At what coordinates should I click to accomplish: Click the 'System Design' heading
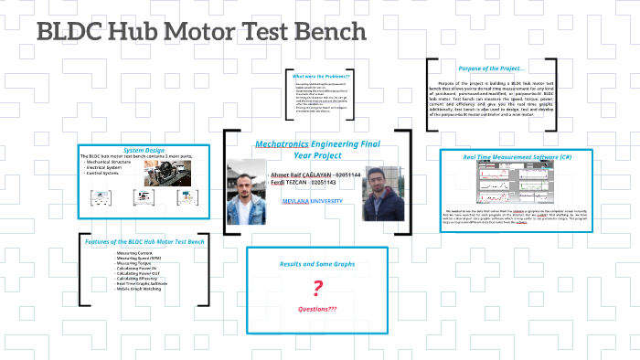click(144, 150)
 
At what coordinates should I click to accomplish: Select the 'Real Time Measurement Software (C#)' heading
click(517, 157)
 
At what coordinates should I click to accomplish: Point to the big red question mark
click(318, 290)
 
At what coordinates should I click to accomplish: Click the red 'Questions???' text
click(318, 310)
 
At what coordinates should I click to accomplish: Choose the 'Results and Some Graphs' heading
click(317, 264)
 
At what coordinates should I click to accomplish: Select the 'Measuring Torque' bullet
click(133, 264)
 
